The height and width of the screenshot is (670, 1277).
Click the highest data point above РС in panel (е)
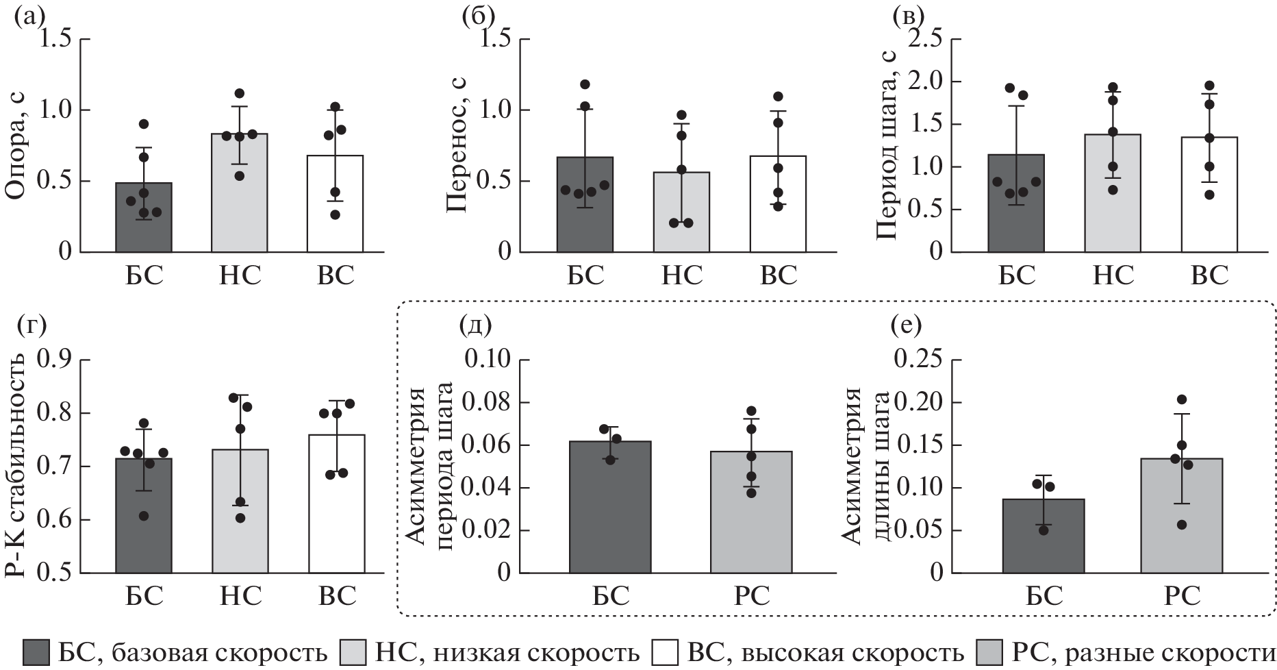pos(1181,399)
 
